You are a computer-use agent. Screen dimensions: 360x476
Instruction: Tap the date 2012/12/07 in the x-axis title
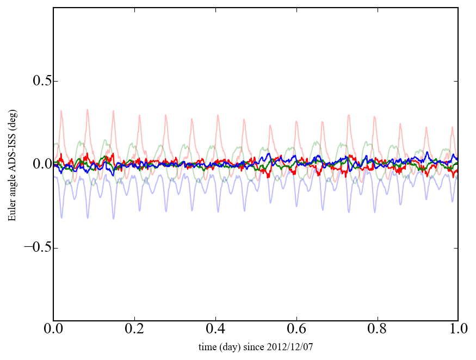point(294,346)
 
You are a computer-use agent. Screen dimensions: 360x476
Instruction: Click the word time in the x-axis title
point(207,346)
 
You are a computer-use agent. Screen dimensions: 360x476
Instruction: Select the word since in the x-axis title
point(255,346)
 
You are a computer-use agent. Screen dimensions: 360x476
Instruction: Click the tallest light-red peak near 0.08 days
point(87,110)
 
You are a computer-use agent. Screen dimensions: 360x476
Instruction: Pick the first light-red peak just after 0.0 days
point(61,111)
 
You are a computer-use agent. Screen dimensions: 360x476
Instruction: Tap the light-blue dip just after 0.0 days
point(61,218)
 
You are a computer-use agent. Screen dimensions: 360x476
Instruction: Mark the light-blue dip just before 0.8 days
point(375,212)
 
